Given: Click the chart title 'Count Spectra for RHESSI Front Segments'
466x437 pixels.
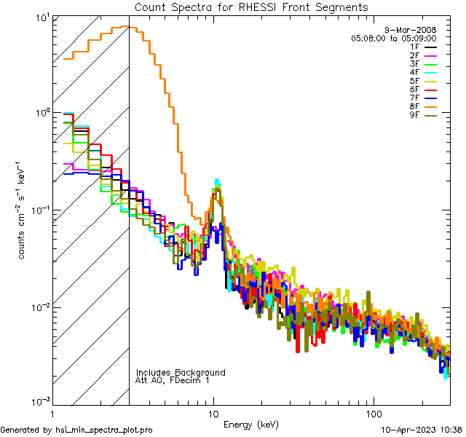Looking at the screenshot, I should (251, 7).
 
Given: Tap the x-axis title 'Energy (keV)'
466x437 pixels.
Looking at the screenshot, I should (251, 424).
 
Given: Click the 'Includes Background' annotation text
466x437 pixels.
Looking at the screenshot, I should (181, 372).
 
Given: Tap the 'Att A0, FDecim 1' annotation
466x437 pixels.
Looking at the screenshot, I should (173, 380).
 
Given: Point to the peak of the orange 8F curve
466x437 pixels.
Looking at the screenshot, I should (125, 27).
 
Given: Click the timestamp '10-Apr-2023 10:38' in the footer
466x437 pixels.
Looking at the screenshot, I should (422, 430).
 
